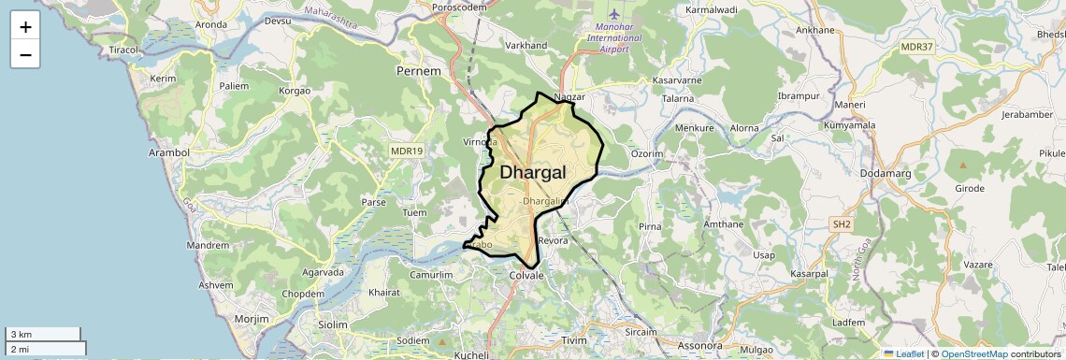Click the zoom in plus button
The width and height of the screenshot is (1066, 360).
pyautogui.click(x=25, y=26)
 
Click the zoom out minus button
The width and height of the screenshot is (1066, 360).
pyautogui.click(x=25, y=54)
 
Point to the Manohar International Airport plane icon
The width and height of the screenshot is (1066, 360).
pyautogui.click(x=614, y=14)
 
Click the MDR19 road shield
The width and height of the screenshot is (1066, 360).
pyautogui.click(x=407, y=150)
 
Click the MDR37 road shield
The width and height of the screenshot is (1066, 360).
pyautogui.click(x=916, y=47)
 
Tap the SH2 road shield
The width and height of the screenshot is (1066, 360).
pyautogui.click(x=842, y=224)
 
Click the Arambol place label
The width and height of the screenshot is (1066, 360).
pyautogui.click(x=169, y=152)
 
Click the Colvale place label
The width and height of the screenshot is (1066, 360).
pyautogui.click(x=526, y=276)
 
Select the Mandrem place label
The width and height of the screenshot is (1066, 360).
pyautogui.click(x=208, y=245)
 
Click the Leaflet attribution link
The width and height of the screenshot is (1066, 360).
pyautogui.click(x=903, y=354)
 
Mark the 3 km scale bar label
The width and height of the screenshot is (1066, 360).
pyautogui.click(x=21, y=334)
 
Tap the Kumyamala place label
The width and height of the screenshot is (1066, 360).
pyautogui.click(x=849, y=124)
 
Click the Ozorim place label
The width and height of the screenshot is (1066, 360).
pyautogui.click(x=647, y=153)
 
